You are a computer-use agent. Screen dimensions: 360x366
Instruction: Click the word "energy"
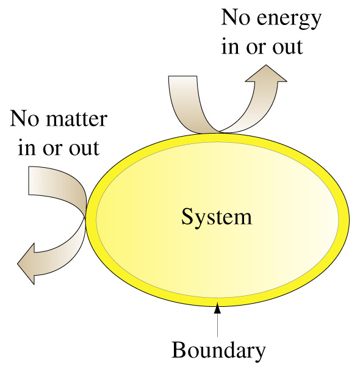pos(289,19)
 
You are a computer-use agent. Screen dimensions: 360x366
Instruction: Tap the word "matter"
pos(77,119)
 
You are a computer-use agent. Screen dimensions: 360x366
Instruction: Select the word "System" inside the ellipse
pos(217,217)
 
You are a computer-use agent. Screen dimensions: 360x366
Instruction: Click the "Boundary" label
pos(218,351)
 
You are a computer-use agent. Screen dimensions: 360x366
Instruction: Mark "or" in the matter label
pos(52,149)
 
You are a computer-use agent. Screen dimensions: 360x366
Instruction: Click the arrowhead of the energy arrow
pos(266,73)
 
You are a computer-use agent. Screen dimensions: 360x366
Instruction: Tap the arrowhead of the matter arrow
pos(26,264)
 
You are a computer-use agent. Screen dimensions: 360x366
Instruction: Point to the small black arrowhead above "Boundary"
pos(218,308)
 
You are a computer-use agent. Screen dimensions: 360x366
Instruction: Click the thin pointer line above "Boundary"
pos(218,325)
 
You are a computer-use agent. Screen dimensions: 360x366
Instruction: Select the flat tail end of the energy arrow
pos(182,76)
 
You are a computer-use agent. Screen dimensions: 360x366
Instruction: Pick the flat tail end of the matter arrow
pos(29,181)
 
